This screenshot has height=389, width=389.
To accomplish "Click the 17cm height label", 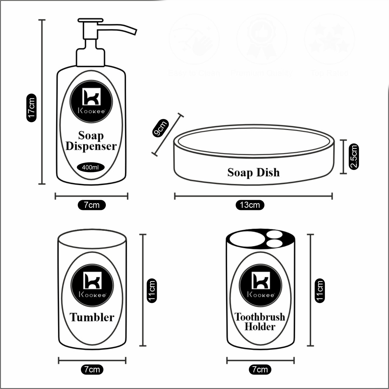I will pos(32,108).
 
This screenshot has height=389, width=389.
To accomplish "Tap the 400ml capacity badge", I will pos(90,167).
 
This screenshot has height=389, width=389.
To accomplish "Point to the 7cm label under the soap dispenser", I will pos(92,205).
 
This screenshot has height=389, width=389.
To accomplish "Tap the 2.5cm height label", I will pos(354,156).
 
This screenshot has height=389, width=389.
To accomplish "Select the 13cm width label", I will pos(250,205).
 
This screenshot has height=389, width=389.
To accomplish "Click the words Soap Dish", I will pos(253,173).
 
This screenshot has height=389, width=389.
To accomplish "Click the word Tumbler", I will pos(92,317).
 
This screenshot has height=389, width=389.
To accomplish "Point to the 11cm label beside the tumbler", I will pos(152,290).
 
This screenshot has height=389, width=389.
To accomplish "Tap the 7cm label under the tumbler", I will pos(92,369).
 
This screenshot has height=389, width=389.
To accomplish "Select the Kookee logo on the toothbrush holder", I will pos(260,285).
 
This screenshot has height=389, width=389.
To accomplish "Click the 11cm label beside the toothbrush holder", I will pos(320,290).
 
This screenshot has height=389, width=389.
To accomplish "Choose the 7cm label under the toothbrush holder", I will pos(260,369).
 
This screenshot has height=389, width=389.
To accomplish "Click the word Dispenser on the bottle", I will pos(91,146).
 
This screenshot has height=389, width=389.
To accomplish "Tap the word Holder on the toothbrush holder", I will pos(260,327).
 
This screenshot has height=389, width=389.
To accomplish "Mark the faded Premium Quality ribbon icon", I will pos(262,40).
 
